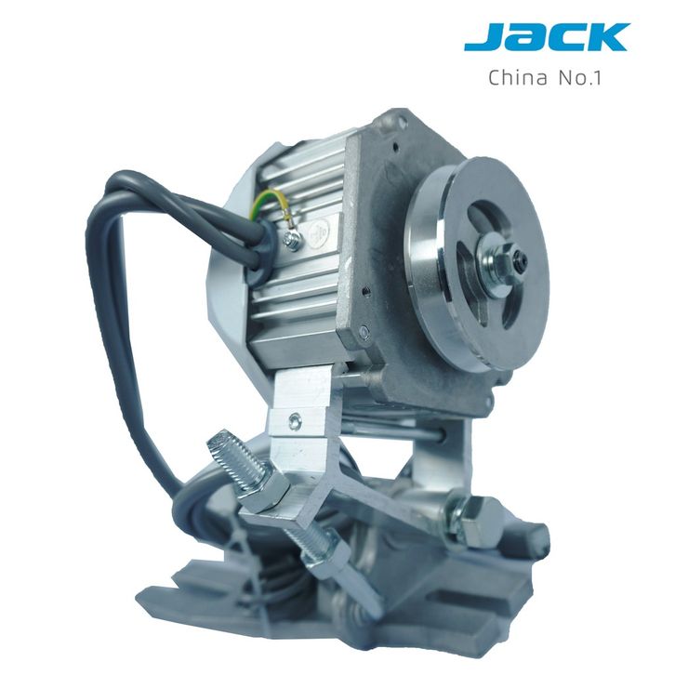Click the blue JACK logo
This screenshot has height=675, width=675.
(547, 37)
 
